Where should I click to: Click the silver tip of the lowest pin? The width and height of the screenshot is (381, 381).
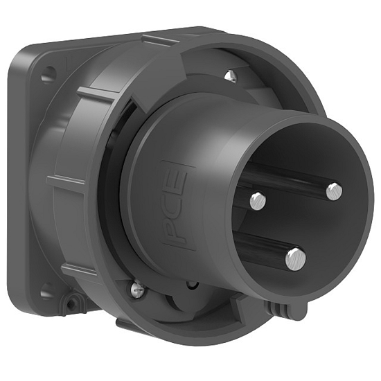pyautogui.click(x=296, y=258)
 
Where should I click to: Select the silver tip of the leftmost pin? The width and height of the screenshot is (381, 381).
pyautogui.click(x=257, y=201)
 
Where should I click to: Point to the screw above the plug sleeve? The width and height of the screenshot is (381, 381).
pyautogui.click(x=231, y=75)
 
